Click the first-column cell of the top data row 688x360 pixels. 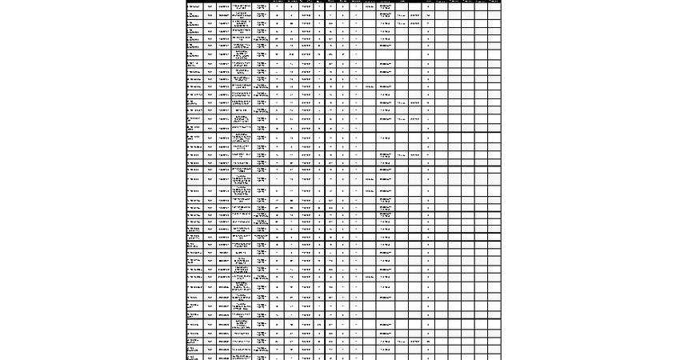[194, 6]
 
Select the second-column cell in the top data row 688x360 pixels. [210, 6]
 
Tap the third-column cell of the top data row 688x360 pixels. [224, 6]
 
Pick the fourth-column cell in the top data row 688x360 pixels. [242, 6]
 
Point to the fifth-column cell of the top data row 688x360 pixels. [262, 6]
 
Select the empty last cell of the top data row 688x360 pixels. [494, 6]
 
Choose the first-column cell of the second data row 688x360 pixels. [194, 15]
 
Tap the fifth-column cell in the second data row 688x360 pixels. [262, 15]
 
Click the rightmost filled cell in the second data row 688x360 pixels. [430, 15]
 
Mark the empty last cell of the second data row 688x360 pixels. [494, 15]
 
